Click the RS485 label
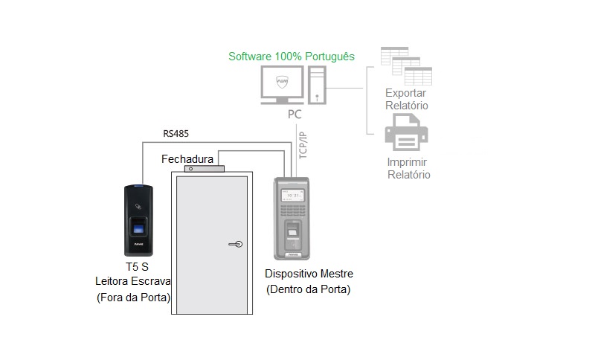click(176, 134)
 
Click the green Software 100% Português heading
click(291, 57)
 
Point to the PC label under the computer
click(295, 115)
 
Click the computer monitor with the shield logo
click(282, 83)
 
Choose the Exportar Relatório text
click(407, 100)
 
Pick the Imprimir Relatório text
click(408, 168)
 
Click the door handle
click(234, 242)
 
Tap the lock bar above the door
click(199, 169)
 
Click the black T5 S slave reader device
click(138, 219)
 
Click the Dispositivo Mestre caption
click(308, 273)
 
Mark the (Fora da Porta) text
click(133, 298)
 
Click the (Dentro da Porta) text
click(308, 289)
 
